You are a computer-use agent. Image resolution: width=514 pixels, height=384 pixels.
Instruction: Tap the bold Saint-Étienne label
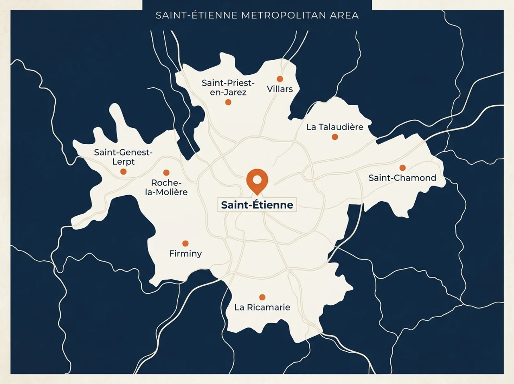pos(257,205)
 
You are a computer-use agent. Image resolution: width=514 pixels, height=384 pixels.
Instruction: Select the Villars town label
pos(280,89)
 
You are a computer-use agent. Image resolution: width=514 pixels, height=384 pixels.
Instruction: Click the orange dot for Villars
pos(280,79)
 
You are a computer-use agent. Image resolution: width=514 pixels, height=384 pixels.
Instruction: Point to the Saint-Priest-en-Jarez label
pos(228,88)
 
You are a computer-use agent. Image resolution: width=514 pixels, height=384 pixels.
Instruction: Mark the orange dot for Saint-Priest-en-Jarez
pos(228,102)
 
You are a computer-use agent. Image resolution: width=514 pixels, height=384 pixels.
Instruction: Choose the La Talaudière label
pos(335,127)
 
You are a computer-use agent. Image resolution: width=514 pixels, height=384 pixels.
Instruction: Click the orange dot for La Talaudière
pos(335,137)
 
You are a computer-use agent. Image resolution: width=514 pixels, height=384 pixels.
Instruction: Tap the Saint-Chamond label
pos(402,178)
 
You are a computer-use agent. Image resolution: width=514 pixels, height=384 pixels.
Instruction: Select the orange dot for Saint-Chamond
pos(402,167)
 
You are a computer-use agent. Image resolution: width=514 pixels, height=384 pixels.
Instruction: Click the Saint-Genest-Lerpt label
pos(123,157)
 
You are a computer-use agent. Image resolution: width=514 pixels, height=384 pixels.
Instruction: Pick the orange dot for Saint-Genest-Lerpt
pos(123,172)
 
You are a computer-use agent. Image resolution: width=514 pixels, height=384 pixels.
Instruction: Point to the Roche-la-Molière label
pos(166,188)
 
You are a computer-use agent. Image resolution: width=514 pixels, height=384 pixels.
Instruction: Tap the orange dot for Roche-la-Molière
pos(166,173)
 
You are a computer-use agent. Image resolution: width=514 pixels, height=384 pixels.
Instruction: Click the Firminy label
pos(185,253)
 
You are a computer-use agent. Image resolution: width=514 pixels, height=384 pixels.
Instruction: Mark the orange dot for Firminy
pos(185,243)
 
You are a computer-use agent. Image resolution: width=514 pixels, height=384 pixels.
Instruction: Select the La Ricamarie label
pos(262,307)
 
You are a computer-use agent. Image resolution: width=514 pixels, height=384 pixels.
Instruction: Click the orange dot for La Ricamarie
pos(262,297)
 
